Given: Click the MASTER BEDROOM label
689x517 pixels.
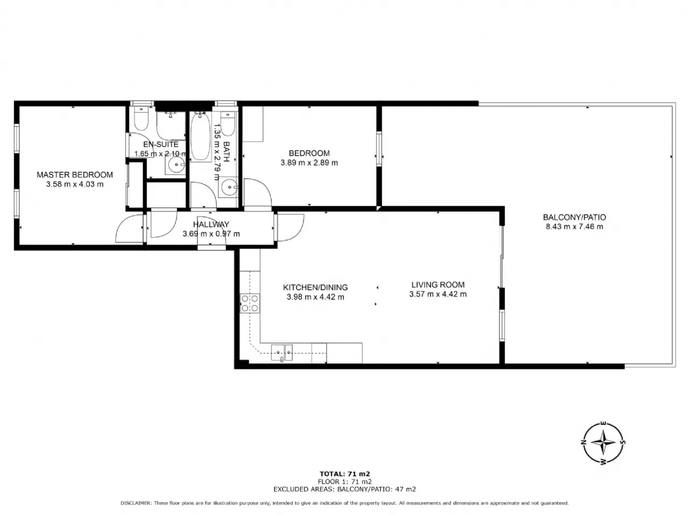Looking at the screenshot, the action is click(75, 174).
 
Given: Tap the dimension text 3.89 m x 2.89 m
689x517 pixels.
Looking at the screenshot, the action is click(309, 163).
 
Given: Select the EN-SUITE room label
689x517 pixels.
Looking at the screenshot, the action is click(161, 144).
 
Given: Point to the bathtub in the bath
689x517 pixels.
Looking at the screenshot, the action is click(201, 137).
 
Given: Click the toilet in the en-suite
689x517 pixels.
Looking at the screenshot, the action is click(141, 118).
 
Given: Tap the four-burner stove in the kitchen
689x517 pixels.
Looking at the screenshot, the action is click(250, 303).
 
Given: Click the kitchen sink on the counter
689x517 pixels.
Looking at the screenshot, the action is click(282, 353).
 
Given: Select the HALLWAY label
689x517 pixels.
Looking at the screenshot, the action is click(211, 225).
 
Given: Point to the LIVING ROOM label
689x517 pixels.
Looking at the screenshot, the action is click(438, 285).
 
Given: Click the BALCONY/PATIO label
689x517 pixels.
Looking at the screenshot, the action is click(574, 217).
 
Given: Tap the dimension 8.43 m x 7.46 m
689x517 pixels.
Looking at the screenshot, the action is click(574, 227).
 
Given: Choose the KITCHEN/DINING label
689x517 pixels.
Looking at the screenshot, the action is click(315, 287).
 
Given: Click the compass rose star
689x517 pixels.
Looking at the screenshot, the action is click(603, 443).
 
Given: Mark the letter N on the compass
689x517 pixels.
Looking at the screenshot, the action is click(584, 442).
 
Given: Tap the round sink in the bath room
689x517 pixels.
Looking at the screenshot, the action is click(229, 187).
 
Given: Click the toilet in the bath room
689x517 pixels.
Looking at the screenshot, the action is click(228, 123).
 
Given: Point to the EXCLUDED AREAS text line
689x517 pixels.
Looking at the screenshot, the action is click(344, 489).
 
